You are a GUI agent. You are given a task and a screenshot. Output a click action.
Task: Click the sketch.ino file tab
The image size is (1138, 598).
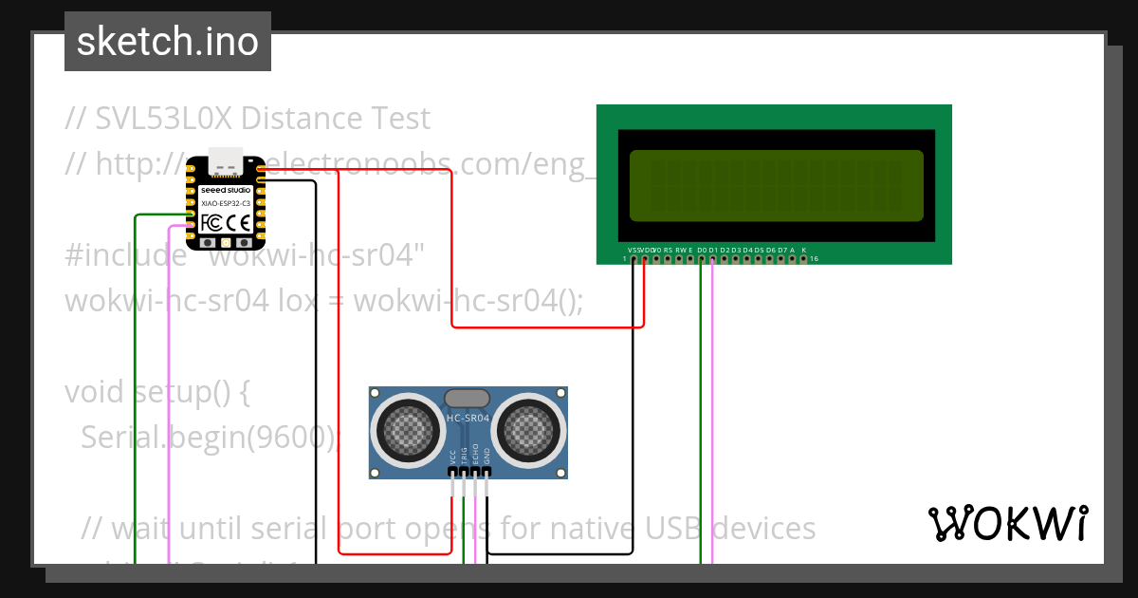[x=168, y=42]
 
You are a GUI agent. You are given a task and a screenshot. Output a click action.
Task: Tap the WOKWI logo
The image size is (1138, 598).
[x=1007, y=524]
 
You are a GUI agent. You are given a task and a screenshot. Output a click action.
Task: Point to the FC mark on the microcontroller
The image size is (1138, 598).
[x=211, y=223]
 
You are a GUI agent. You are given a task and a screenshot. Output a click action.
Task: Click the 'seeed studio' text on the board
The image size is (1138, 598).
[x=226, y=190]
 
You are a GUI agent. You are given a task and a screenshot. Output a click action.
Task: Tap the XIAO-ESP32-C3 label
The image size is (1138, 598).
[x=226, y=203]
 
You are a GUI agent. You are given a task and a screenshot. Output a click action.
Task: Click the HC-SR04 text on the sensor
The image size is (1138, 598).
[x=468, y=418]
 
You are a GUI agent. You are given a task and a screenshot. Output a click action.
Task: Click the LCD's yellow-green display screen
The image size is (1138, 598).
[x=776, y=185]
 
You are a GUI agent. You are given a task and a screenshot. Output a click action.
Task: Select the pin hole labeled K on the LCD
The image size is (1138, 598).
[x=804, y=258]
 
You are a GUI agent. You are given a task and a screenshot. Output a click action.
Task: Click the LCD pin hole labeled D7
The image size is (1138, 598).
[x=781, y=258]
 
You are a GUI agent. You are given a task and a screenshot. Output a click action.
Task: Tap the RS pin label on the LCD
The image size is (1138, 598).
[x=668, y=250]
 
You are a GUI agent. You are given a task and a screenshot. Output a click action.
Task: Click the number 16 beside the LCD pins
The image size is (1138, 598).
[x=814, y=258]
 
